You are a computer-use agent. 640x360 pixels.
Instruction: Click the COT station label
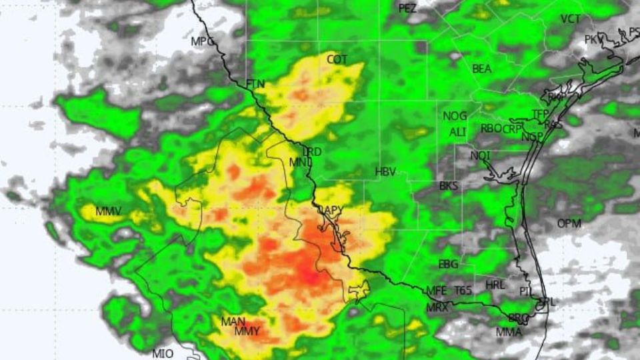pos(337,60)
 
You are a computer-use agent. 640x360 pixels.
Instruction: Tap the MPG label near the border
pos(203,41)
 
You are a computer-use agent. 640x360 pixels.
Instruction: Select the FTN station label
pos(255,84)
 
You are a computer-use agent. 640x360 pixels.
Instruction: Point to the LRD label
pos(312,152)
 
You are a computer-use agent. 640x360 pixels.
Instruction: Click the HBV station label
pos(385,172)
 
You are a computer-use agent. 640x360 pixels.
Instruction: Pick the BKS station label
pos(449,187)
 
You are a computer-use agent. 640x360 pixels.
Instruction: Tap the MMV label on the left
pos(108,212)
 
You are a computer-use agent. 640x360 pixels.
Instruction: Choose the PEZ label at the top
pos(407,9)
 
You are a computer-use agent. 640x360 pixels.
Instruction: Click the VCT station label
pos(571,19)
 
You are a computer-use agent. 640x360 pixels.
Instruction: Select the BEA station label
pos(482,69)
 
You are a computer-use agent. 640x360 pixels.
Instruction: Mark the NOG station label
pos(455,117)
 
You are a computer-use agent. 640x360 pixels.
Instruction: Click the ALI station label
pos(457,132)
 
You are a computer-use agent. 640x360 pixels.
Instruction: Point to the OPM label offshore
pos(569,223)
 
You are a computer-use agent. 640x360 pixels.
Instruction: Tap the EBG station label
pos(448,265)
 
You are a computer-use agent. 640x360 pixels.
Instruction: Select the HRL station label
pos(495,285)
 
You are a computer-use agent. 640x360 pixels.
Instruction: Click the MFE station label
pos(436,291)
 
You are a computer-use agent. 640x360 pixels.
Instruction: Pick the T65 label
pos(463,291)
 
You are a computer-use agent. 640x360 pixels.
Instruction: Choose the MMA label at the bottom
pos(509,332)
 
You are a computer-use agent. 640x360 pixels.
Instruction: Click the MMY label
pos(247,331)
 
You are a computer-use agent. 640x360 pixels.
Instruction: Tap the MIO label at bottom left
pos(163,353)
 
